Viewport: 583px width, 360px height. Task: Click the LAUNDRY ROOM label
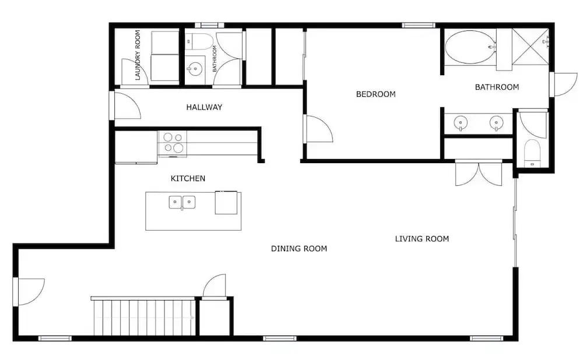[138, 55]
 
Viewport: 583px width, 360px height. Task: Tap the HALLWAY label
[204, 107]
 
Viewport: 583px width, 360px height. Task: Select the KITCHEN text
[188, 178]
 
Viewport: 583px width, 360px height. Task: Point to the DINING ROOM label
[299, 249]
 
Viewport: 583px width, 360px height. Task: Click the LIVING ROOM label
[422, 238]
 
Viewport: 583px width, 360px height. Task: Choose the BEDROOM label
[375, 94]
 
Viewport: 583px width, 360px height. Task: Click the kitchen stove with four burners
[173, 143]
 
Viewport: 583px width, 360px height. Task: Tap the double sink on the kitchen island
[182, 202]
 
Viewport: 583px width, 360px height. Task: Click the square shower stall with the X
[530, 47]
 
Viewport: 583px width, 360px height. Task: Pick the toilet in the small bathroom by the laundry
[199, 41]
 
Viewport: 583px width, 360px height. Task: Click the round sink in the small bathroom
[195, 68]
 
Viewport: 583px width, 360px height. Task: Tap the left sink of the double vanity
[461, 122]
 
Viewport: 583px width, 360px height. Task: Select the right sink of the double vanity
[496, 122]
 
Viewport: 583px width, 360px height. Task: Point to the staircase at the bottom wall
[143, 316]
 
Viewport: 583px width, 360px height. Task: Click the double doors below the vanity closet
[479, 173]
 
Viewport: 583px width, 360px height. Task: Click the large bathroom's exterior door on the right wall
[564, 84]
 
